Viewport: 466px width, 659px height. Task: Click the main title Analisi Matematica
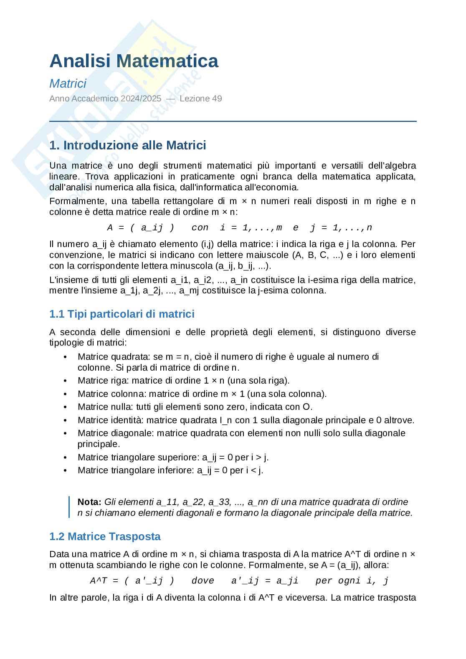[134, 61]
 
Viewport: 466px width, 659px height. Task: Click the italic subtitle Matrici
[68, 83]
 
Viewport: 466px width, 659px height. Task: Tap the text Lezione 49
[201, 99]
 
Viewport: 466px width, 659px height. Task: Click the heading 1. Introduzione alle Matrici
[128, 145]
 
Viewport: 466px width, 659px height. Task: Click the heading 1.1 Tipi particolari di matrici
[122, 314]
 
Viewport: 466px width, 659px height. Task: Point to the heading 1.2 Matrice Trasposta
[105, 536]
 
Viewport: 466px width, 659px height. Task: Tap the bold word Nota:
[89, 502]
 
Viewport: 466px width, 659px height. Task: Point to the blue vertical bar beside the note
[69, 507]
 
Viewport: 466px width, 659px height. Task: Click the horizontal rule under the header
[233, 121]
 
